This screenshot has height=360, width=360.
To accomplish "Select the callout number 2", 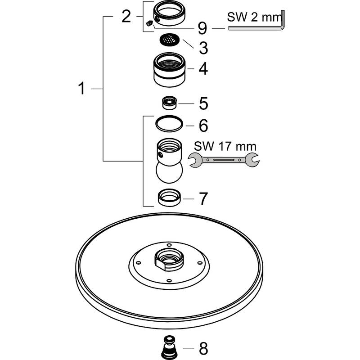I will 126,17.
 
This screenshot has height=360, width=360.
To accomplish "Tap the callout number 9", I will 202,29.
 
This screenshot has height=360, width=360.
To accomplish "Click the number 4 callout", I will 203,69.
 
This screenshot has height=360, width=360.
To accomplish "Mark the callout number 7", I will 203,198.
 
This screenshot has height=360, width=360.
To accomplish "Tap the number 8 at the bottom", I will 203,348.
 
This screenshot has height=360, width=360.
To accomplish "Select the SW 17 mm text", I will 225,146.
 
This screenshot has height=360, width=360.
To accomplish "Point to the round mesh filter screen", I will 169,40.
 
